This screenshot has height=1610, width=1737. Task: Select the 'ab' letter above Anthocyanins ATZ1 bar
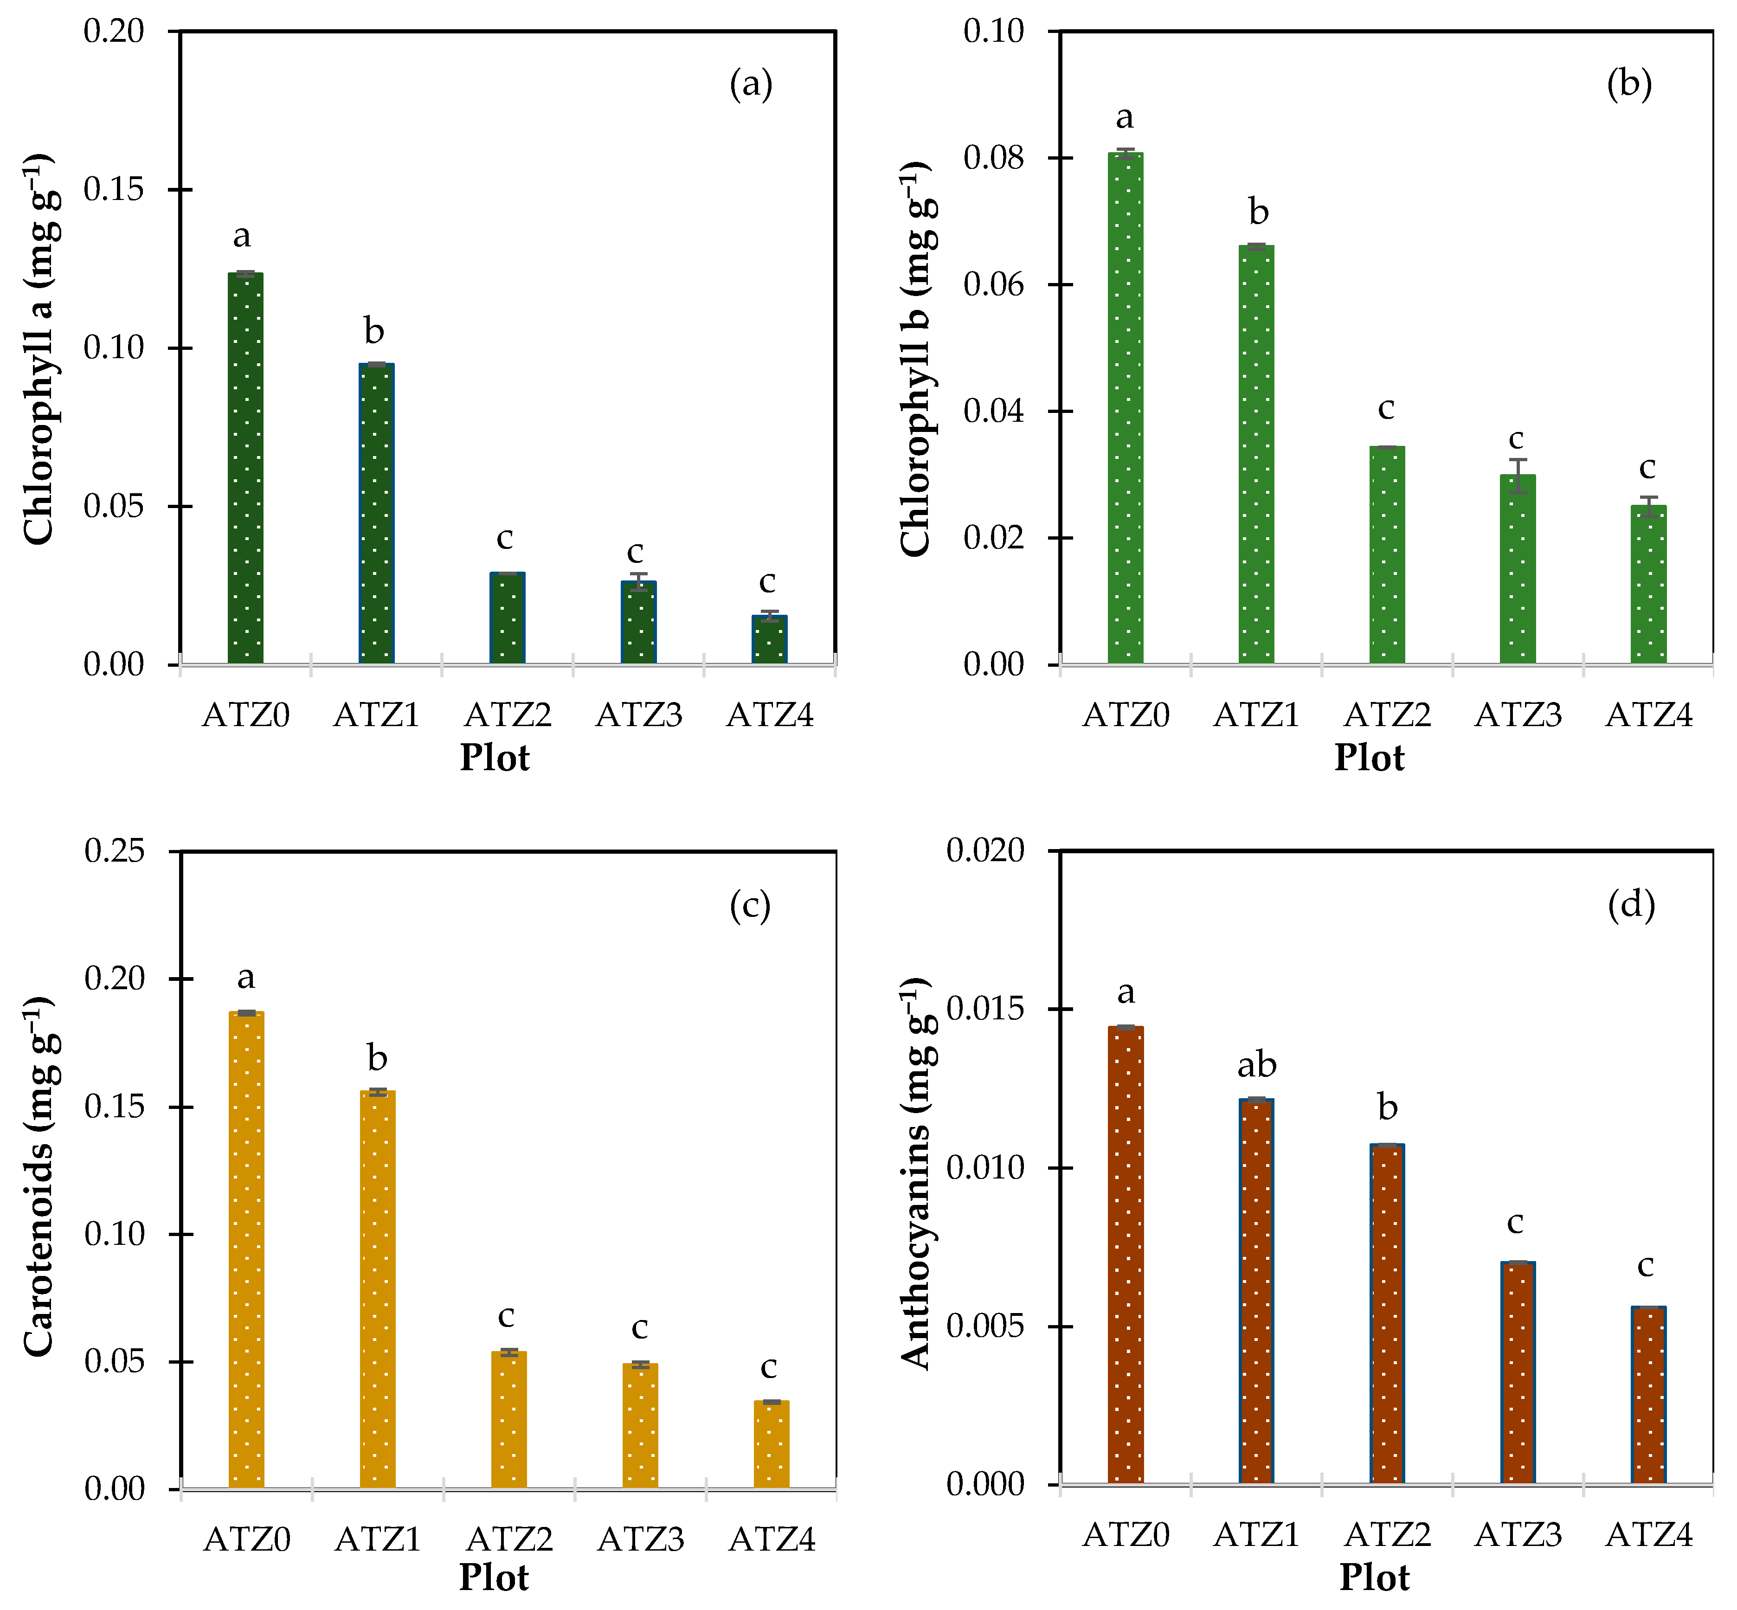[x=1257, y=1065]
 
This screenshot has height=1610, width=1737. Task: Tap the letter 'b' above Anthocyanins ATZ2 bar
[x=1388, y=1108]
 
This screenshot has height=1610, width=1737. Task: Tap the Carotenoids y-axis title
[x=39, y=1176]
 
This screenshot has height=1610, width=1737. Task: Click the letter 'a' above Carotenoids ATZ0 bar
[x=246, y=978]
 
